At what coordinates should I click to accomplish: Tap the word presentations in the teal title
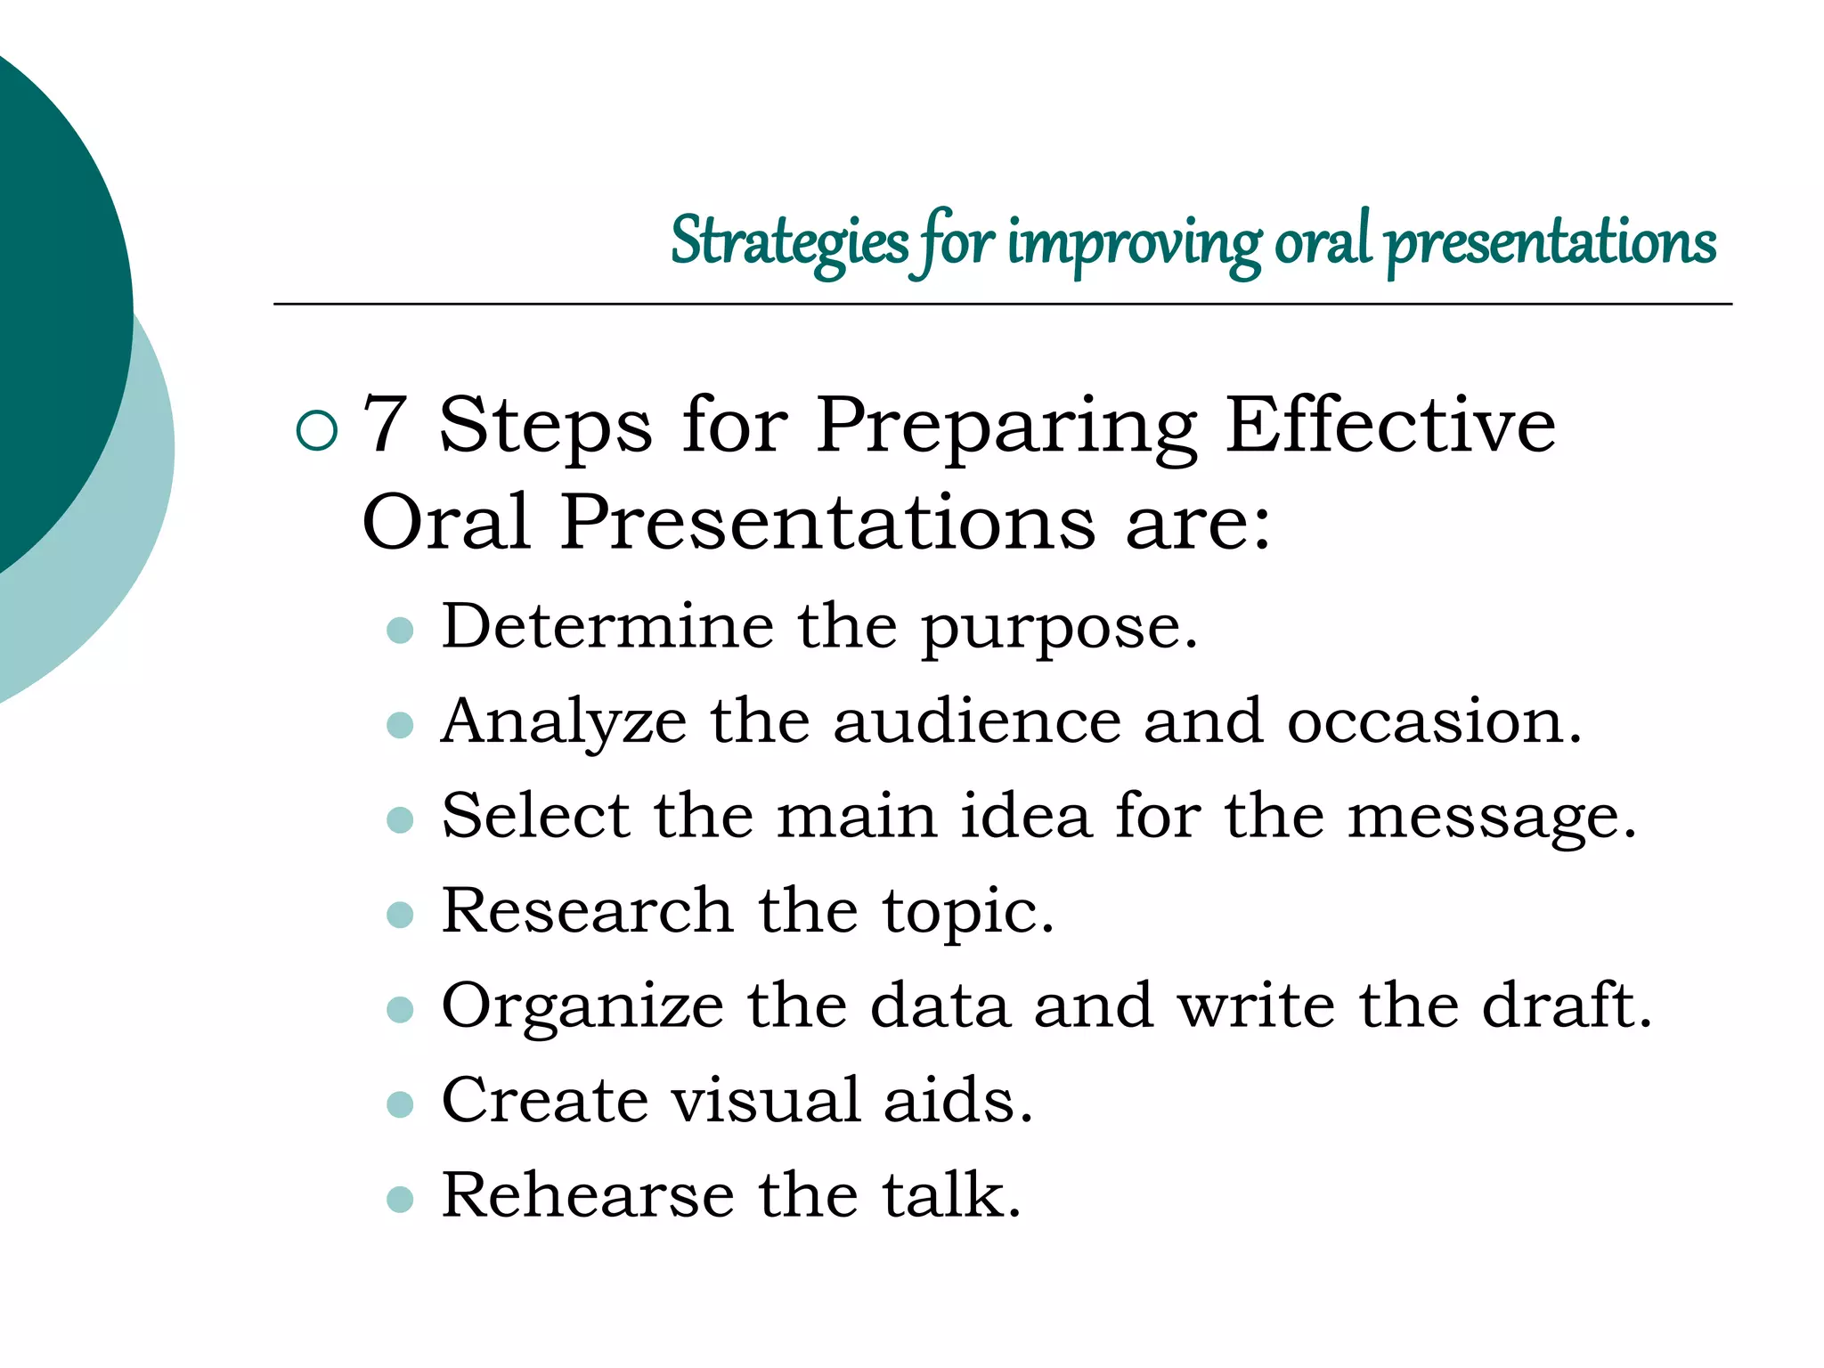tap(1551, 242)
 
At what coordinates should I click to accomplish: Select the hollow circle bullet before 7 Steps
tap(317, 430)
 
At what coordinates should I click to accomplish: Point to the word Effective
tap(1389, 426)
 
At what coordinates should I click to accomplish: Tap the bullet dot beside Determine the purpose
tap(401, 631)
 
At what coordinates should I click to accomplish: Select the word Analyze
tap(564, 721)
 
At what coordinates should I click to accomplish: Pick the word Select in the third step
tap(535, 816)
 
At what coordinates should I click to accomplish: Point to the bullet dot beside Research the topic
tap(401, 915)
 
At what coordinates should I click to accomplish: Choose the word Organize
tap(582, 1006)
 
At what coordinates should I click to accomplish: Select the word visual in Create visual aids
tap(766, 1100)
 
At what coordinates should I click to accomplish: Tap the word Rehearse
tap(588, 1194)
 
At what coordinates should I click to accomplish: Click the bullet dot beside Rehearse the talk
tap(401, 1199)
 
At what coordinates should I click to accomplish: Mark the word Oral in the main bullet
tap(447, 523)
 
